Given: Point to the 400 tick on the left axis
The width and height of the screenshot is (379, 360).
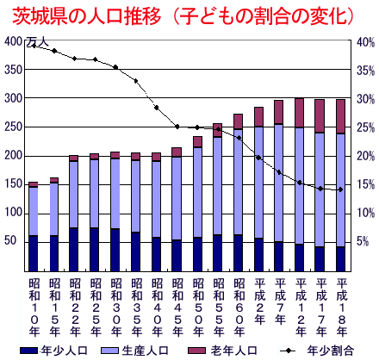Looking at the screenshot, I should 13,41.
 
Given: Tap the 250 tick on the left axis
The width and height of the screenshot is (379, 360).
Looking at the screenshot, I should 13,127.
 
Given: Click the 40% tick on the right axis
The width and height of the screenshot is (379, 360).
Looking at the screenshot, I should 365,41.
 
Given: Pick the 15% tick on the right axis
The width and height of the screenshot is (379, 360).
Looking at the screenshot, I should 365,184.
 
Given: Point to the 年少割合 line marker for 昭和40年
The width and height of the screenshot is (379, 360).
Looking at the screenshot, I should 156,108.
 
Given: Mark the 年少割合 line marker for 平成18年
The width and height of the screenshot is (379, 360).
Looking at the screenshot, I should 341,189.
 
